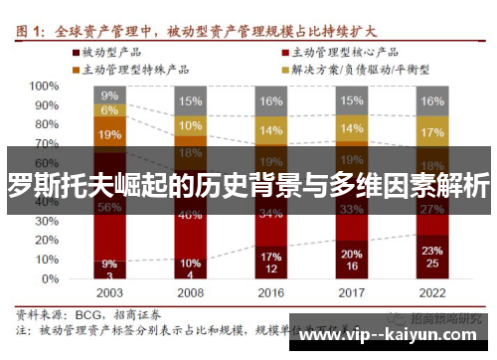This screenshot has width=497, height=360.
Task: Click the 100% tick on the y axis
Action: click(x=45, y=87)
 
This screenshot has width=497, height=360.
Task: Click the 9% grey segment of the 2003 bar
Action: click(x=109, y=95)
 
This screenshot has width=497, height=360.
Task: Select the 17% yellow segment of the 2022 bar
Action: click(x=431, y=133)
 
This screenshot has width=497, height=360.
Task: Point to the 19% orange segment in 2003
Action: click(x=109, y=134)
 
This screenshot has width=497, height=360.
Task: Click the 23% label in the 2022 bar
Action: click(x=431, y=251)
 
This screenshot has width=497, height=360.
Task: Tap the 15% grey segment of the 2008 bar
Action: click(x=189, y=101)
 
